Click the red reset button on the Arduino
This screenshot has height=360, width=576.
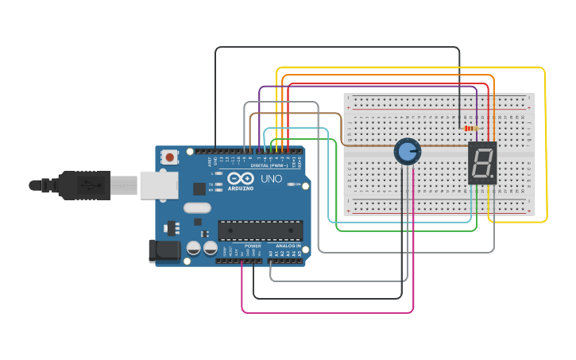click(x=169, y=158)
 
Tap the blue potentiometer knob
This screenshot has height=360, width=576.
click(x=407, y=151)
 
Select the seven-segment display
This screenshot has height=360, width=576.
click(x=482, y=164)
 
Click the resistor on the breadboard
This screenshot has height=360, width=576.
click(x=471, y=129)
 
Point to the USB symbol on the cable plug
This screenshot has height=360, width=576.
click(x=88, y=185)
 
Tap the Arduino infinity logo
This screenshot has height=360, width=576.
click(x=241, y=179)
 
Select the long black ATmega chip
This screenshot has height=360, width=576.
click(x=261, y=230)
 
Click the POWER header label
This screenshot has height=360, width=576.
click(x=253, y=246)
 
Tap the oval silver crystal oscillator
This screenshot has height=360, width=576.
click(x=198, y=209)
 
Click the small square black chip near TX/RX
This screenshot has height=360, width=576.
click(x=199, y=188)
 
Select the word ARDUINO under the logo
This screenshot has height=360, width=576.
click(x=241, y=188)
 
